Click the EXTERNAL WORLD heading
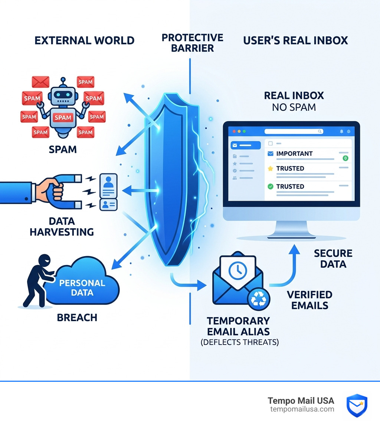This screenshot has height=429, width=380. [84, 40]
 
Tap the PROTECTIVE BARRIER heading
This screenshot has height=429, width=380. [192, 43]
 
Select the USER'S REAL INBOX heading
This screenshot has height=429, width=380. [295, 40]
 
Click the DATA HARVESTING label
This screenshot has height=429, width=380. [62, 226]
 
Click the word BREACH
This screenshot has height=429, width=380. [77, 317]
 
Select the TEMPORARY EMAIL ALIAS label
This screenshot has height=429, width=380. [238, 326]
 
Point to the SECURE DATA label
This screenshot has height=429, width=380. [333, 259]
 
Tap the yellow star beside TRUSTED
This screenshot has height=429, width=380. [270, 168]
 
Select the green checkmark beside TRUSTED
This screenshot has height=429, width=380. [270, 186]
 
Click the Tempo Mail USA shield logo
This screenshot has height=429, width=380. [357, 405]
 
